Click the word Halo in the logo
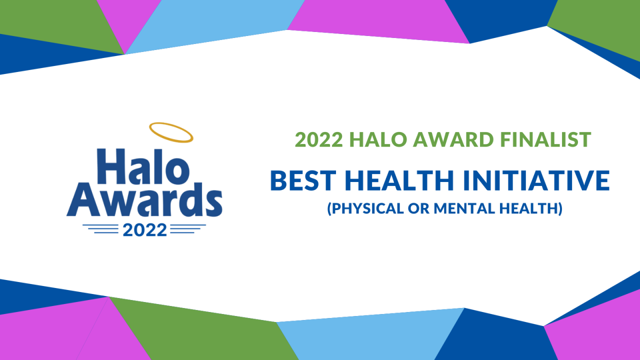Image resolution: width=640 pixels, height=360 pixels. pyautogui.click(x=143, y=166)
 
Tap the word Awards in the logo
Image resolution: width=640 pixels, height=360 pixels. pyautogui.click(x=144, y=199)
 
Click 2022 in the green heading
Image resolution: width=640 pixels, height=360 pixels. pyautogui.click(x=319, y=139)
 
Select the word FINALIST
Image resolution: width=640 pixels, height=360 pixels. pyautogui.click(x=545, y=139)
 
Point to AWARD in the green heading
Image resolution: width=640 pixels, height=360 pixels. pyautogui.click(x=453, y=139)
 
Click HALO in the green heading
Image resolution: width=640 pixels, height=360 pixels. pyautogui.click(x=378, y=139)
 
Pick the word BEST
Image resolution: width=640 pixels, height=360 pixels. pyautogui.click(x=303, y=180)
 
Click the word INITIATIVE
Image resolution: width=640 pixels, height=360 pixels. pyautogui.click(x=536, y=180)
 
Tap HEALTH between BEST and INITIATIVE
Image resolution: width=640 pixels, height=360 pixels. pyautogui.click(x=399, y=180)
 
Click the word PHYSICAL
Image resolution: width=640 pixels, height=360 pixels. pyautogui.click(x=367, y=208)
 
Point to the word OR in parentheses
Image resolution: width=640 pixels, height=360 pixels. pyautogui.click(x=419, y=208)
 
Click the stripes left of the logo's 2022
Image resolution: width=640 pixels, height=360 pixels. pyautogui.click(x=100, y=229)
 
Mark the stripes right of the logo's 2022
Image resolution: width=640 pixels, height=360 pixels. pyautogui.click(x=188, y=229)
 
